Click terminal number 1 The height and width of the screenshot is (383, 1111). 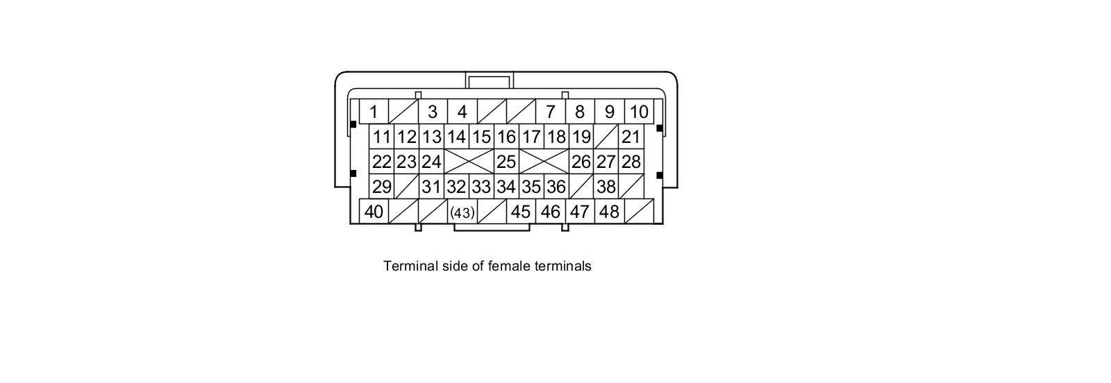coord(374,112)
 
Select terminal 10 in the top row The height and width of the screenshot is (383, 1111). coord(639,112)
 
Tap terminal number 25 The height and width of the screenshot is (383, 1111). coord(506,162)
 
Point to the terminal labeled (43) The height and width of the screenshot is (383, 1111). coord(462,212)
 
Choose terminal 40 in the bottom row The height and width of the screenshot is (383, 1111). coord(374,212)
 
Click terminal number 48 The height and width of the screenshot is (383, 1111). coord(609,212)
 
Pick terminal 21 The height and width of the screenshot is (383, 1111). coord(630,137)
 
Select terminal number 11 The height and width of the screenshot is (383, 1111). coord(381,137)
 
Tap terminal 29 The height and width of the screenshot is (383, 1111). coord(381,187)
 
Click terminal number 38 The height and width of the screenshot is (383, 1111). coord(606,187)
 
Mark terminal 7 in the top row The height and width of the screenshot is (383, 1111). coord(550,112)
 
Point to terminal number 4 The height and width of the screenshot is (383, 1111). coord(462,112)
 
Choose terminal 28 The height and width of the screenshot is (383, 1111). coord(630,162)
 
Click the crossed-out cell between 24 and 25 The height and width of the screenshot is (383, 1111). coord(469,162)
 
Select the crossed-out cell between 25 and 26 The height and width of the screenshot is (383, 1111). coord(544,162)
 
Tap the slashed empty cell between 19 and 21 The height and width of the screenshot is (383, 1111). coord(606,137)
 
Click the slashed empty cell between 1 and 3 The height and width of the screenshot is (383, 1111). coord(403,112)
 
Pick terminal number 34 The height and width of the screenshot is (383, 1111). coord(506,187)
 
